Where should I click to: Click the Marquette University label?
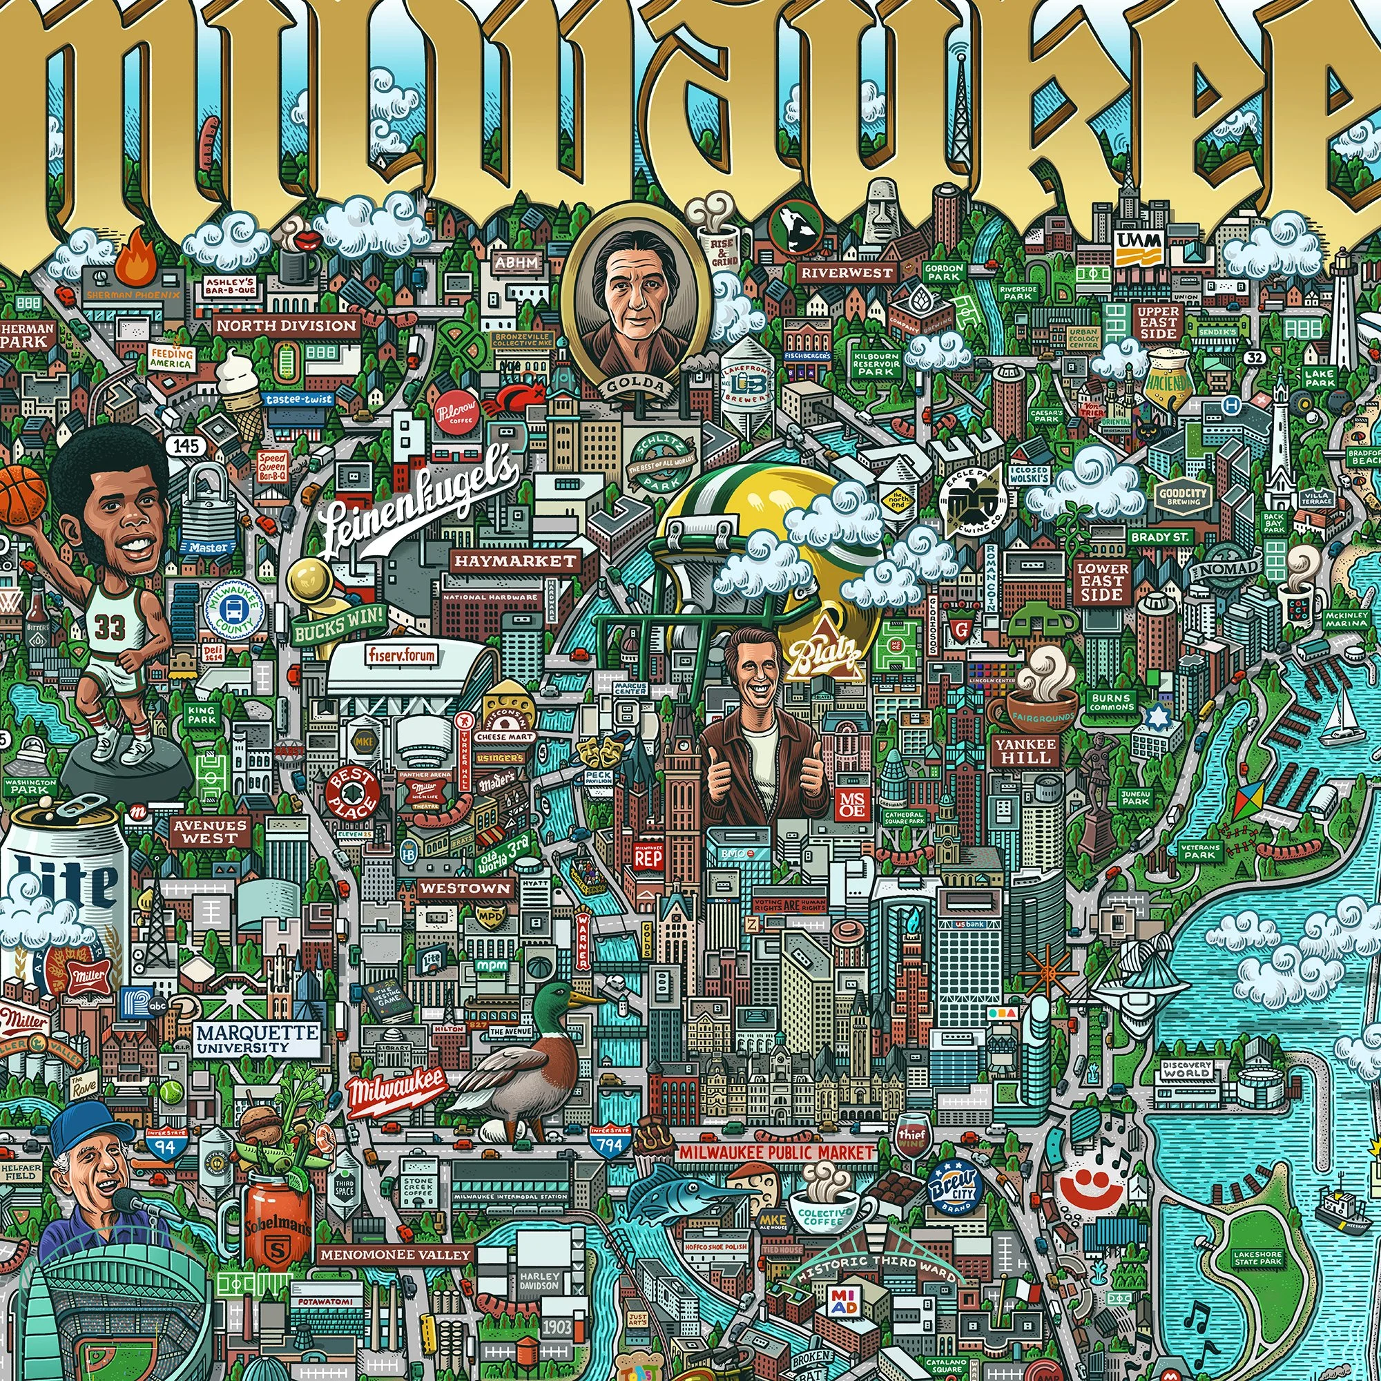coord(257,1039)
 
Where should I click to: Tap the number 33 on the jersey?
coord(110,627)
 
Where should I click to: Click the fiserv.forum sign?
coord(402,654)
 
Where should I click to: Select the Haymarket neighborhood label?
coord(514,561)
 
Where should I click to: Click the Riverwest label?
coord(847,272)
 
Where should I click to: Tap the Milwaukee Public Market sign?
coord(776,1152)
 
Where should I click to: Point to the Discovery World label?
coord(1187,1070)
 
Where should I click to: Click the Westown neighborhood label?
coord(466,889)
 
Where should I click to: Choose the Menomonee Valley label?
coord(395,1254)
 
